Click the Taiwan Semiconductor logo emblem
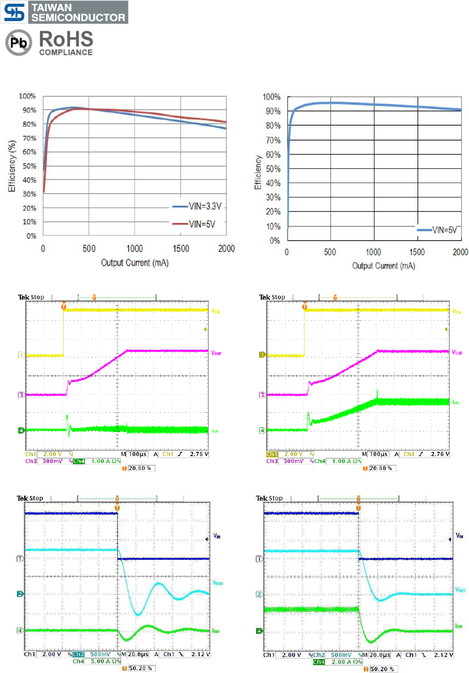(x=14, y=13)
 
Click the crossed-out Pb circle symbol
(x=19, y=43)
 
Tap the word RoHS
(x=66, y=39)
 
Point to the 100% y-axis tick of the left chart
(x=27, y=96)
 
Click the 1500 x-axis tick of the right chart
(x=417, y=252)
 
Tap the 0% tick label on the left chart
(x=31, y=236)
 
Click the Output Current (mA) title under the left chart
(x=135, y=263)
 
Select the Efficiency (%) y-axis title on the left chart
(x=12, y=166)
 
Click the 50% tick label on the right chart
(x=273, y=169)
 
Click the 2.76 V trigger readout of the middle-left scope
(x=199, y=454)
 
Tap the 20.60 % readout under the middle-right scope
(x=381, y=468)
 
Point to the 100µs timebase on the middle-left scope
(x=138, y=454)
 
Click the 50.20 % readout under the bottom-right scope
(x=382, y=669)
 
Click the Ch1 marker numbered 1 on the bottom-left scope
(x=20, y=559)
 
